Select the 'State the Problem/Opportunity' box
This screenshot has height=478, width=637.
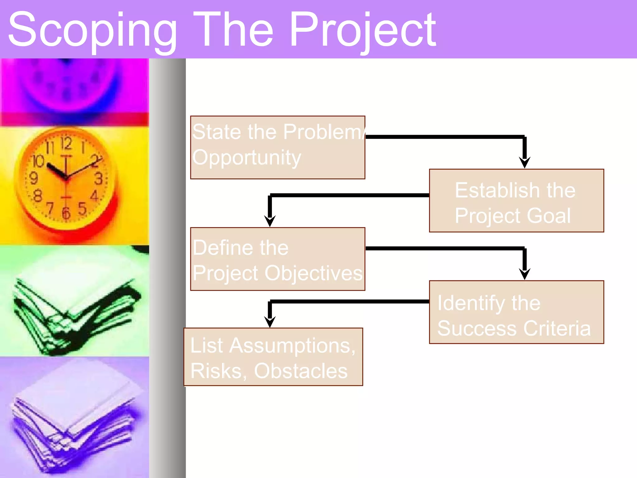[x=277, y=147]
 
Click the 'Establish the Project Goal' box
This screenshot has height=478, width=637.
[x=516, y=200]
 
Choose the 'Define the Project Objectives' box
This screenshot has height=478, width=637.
[x=277, y=259]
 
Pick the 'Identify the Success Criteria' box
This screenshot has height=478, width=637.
[x=516, y=312]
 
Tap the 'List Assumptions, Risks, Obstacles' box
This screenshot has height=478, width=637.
[x=273, y=357]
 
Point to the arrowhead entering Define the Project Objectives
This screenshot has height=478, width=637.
[x=270, y=221]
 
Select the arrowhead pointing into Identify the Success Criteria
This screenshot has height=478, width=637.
[x=524, y=274]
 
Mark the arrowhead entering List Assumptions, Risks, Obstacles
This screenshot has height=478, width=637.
[x=270, y=322]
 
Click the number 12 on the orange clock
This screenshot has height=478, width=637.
[x=66, y=143]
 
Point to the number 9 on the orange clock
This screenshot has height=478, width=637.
[x=33, y=178]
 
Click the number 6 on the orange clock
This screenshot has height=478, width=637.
[x=66, y=213]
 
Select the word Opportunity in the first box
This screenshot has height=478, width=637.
[x=247, y=158]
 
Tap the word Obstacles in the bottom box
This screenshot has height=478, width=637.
[x=300, y=371]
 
